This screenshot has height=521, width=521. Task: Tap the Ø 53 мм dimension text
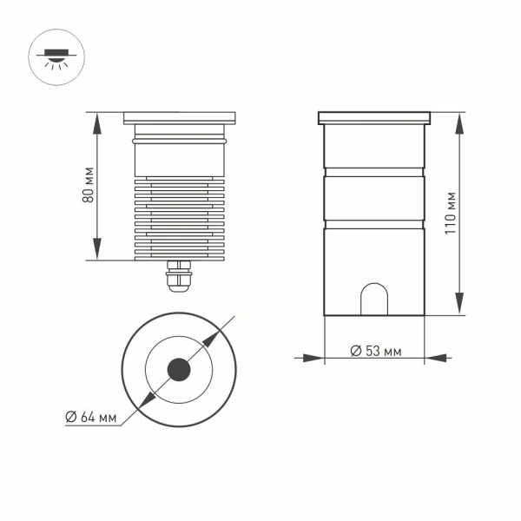click(x=375, y=351)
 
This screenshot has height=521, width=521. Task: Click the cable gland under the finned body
click(x=180, y=275)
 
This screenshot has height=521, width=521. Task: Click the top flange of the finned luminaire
click(x=180, y=115)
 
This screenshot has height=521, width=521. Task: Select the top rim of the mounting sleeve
click(x=374, y=116)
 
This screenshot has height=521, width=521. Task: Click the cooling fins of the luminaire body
click(x=180, y=217)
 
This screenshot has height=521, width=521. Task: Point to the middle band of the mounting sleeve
click(x=374, y=198)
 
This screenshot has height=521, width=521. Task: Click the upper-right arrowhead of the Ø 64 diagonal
click(x=216, y=334)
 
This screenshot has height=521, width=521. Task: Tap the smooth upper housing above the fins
click(x=180, y=157)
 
